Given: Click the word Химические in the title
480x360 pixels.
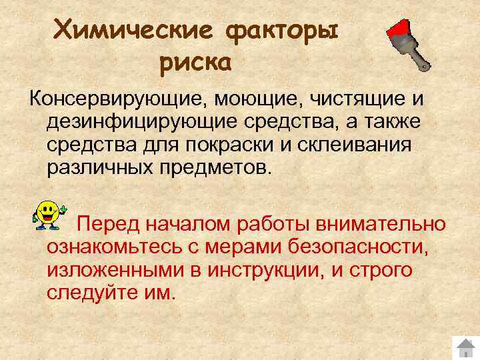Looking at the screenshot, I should coord(133,30).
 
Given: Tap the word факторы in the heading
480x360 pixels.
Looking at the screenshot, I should coord(283,30).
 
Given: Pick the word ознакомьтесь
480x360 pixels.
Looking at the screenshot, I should coord(109,247).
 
